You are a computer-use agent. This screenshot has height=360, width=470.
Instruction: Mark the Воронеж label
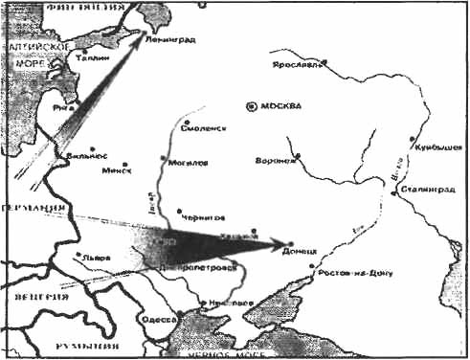coord(274,160)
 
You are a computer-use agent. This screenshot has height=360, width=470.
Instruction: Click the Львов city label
coord(97,259)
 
